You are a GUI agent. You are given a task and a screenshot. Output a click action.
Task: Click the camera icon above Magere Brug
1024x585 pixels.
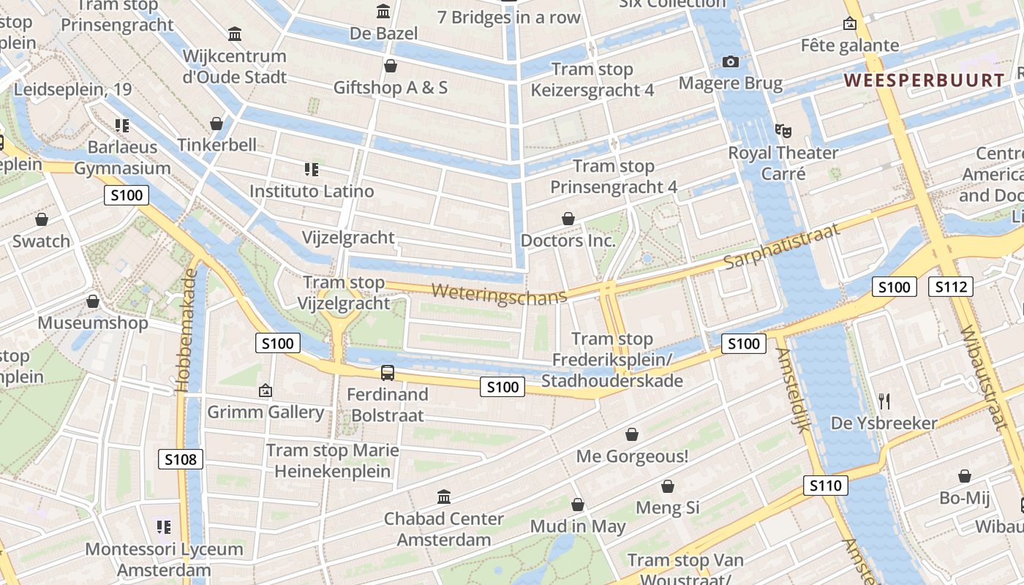click(x=730, y=62)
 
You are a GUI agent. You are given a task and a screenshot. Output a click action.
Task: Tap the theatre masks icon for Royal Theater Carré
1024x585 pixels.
click(x=783, y=132)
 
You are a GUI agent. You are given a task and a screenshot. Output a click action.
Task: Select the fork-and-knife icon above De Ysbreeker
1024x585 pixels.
click(x=884, y=401)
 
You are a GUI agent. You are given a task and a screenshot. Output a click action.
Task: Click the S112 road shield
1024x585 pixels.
click(x=951, y=287)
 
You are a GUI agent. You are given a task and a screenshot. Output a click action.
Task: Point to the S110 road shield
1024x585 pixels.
click(x=826, y=486)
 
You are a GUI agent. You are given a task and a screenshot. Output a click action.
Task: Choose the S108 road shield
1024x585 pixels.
click(x=181, y=459)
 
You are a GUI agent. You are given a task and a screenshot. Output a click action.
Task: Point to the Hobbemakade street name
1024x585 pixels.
click(x=188, y=331)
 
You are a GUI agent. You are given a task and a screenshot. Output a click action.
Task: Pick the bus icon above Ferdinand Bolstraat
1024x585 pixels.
click(x=388, y=373)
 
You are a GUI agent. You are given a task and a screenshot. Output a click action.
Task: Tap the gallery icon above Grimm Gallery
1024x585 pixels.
click(x=266, y=390)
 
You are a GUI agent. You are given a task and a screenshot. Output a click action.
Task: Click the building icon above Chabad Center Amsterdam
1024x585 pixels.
click(x=444, y=497)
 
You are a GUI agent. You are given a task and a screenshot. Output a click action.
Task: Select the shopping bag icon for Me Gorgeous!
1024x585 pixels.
click(x=632, y=434)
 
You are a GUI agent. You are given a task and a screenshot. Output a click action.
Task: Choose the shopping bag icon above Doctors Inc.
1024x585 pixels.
click(x=568, y=219)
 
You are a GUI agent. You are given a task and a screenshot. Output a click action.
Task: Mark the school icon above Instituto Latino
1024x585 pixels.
click(x=312, y=170)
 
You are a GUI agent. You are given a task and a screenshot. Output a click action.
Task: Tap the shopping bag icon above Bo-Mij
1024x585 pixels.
click(x=965, y=476)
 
